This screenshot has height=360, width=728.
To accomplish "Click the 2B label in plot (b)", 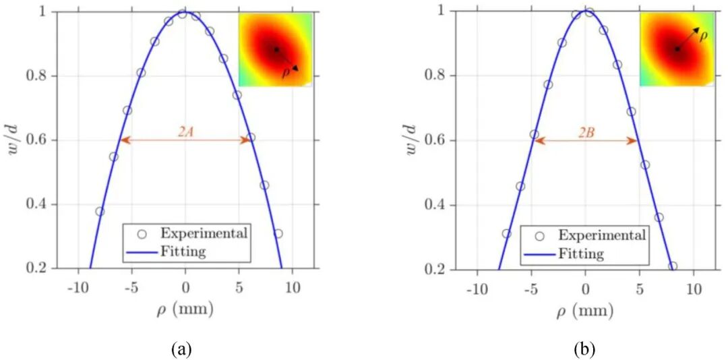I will tap(585, 133).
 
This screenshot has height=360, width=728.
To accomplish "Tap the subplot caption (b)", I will tap(585, 349).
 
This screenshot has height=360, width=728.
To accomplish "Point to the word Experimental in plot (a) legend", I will tap(204, 234).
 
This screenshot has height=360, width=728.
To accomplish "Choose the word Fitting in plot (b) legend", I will tap(581, 253).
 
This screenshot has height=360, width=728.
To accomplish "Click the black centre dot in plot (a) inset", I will tap(276, 49).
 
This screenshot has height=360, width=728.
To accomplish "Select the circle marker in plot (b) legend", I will tap(539, 236).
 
